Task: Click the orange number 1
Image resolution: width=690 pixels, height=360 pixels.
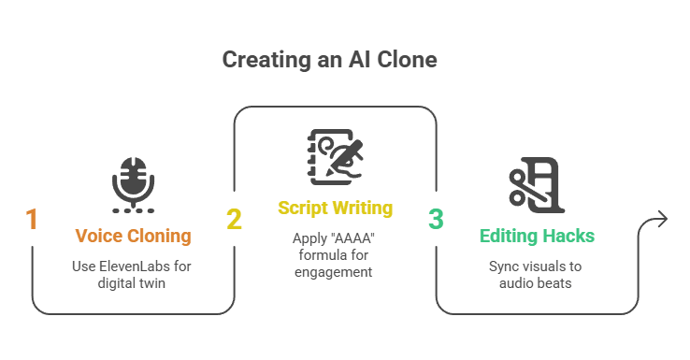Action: click(x=32, y=219)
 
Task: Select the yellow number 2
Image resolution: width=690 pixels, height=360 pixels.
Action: click(x=234, y=219)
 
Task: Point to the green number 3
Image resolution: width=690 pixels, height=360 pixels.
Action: click(x=436, y=219)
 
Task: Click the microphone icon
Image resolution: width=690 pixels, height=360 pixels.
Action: click(x=134, y=185)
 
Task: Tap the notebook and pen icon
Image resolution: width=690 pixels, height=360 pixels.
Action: click(x=336, y=157)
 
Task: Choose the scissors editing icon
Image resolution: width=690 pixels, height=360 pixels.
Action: click(x=537, y=185)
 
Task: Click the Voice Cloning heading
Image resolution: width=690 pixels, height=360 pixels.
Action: click(x=134, y=236)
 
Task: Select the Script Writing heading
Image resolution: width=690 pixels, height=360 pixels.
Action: click(x=336, y=209)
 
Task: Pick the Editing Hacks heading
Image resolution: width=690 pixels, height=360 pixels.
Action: click(x=537, y=236)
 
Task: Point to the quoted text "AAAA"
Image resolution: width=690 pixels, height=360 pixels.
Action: click(x=353, y=238)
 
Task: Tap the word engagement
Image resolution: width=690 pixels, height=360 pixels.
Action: click(x=333, y=272)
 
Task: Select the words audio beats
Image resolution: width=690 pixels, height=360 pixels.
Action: click(x=535, y=283)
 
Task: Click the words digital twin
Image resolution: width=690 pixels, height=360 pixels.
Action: click(x=132, y=283)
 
